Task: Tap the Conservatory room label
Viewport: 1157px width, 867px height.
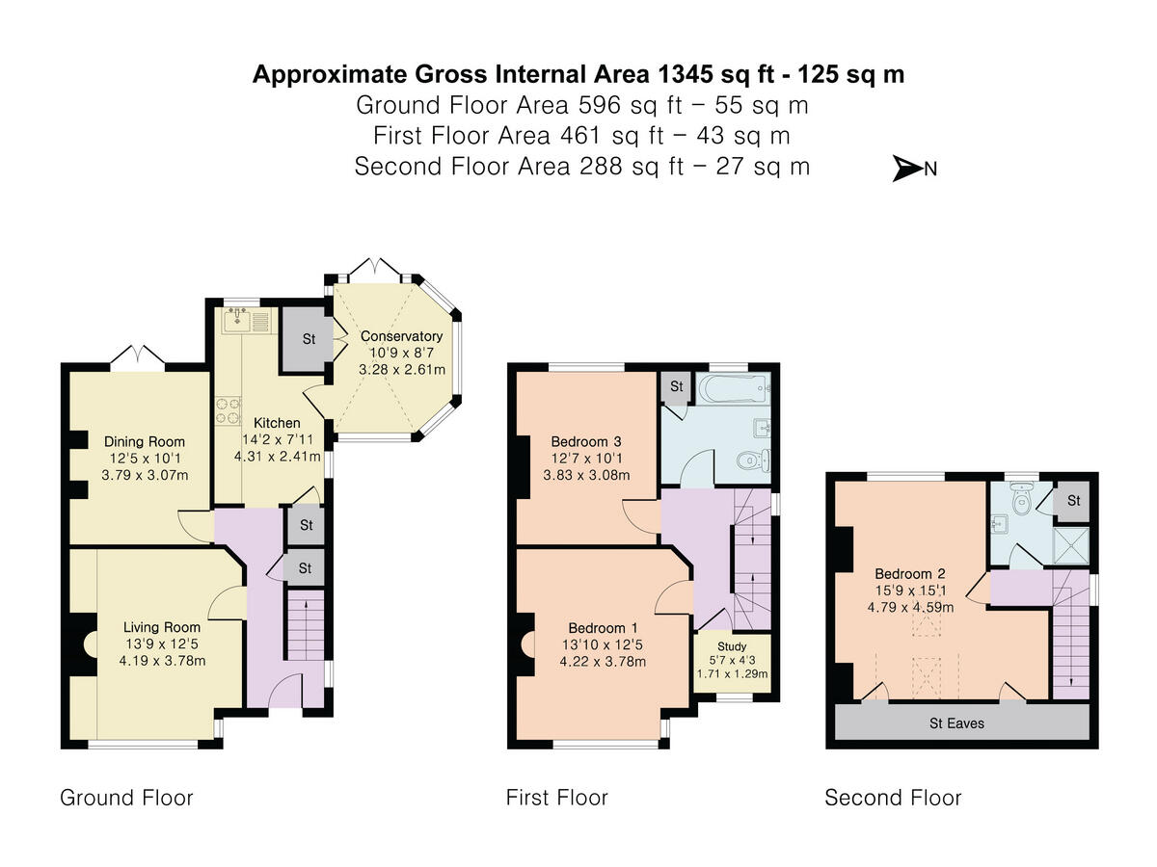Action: [401, 336]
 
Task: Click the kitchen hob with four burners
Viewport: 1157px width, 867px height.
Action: [229, 410]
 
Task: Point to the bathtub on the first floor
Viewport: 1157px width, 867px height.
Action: [733, 388]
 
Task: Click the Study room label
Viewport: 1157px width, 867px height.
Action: [732, 645]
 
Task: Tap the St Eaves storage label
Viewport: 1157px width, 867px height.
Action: [956, 722]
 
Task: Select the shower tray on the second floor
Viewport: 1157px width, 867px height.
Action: [1070, 545]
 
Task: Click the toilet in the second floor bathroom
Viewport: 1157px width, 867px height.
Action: [1021, 497]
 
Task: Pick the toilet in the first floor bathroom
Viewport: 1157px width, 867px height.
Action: [754, 460]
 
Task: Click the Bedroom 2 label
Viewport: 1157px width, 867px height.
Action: [910, 573]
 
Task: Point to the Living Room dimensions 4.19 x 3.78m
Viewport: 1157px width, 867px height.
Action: [162, 660]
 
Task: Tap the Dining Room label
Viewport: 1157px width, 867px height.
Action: [145, 441]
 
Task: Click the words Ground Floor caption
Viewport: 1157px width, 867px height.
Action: [126, 798]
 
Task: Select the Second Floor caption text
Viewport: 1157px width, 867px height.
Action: [893, 798]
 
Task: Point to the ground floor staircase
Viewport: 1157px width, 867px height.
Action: [306, 624]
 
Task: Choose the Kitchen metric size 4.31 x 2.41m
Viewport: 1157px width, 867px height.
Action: [278, 456]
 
